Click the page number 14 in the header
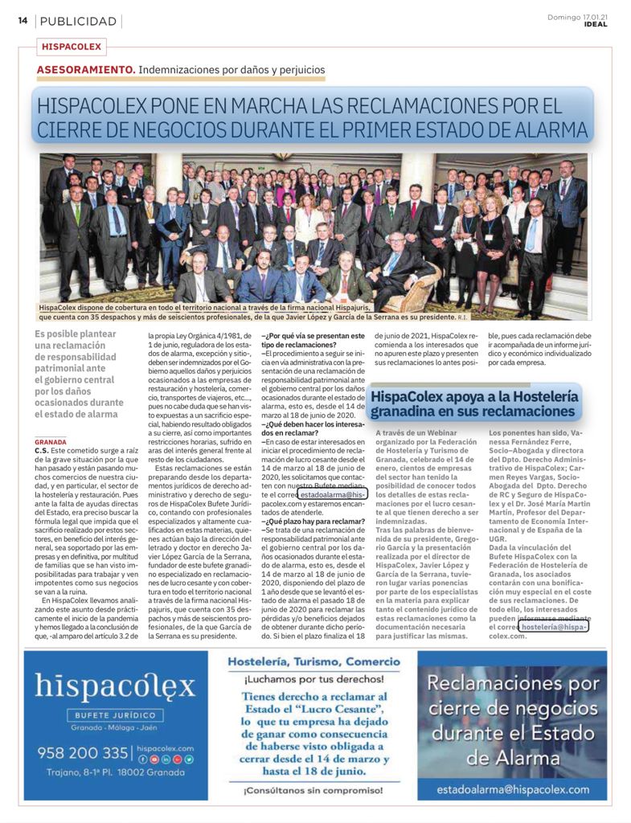click(x=23, y=21)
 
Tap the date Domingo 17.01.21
click(x=577, y=16)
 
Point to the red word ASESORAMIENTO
click(x=86, y=70)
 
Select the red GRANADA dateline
click(x=51, y=442)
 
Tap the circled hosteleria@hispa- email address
click(x=555, y=626)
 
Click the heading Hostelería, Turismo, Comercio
click(x=313, y=662)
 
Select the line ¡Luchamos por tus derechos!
click(x=313, y=679)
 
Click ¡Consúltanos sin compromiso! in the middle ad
click(x=313, y=791)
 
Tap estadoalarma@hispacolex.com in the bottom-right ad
click(x=513, y=789)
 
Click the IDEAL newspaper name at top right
click(x=596, y=24)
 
